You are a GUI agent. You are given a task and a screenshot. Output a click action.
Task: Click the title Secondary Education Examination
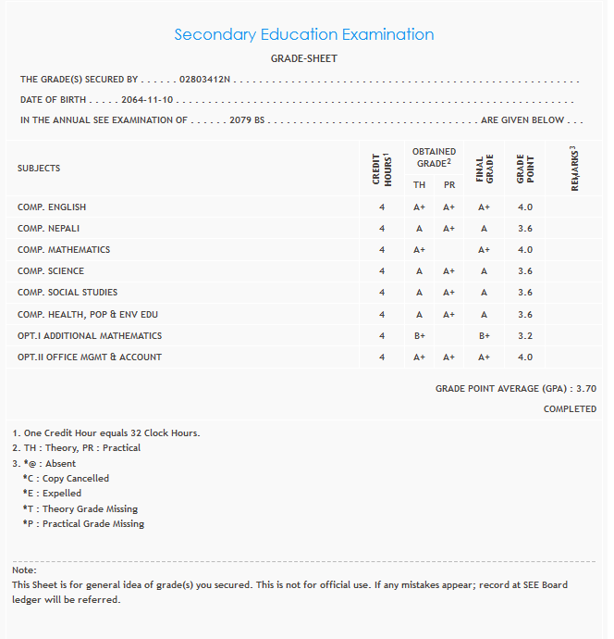pyautogui.click(x=304, y=35)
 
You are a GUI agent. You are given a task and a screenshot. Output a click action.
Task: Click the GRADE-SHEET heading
pyautogui.click(x=304, y=59)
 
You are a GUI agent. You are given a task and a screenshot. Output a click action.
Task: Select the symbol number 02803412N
pyautogui.click(x=204, y=80)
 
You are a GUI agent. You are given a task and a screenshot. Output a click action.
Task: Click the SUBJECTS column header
pyautogui.click(x=39, y=169)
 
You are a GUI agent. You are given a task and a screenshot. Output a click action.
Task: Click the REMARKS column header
pyautogui.click(x=575, y=169)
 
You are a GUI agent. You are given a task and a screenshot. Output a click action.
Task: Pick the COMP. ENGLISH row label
pyautogui.click(x=52, y=207)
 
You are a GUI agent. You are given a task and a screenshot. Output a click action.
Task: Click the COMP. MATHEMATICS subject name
pyautogui.click(x=64, y=250)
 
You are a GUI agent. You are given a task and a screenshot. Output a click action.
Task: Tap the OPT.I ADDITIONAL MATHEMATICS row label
pyautogui.click(x=90, y=336)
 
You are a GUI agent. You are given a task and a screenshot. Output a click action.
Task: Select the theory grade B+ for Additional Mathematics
pyautogui.click(x=419, y=336)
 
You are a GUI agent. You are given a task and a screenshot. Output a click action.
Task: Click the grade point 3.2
pyautogui.click(x=525, y=336)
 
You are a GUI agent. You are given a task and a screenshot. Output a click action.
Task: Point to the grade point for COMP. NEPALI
pyautogui.click(x=525, y=229)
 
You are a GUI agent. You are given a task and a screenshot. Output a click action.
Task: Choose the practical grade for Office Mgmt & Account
pyautogui.click(x=449, y=357)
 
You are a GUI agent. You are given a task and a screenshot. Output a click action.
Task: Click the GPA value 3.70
pyautogui.click(x=585, y=390)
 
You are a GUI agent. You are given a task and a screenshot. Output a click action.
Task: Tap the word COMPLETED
pyautogui.click(x=570, y=409)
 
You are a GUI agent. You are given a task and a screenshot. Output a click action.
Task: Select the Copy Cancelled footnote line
pyautogui.click(x=67, y=479)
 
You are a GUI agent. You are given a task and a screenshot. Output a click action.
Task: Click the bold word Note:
pyautogui.click(x=24, y=570)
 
